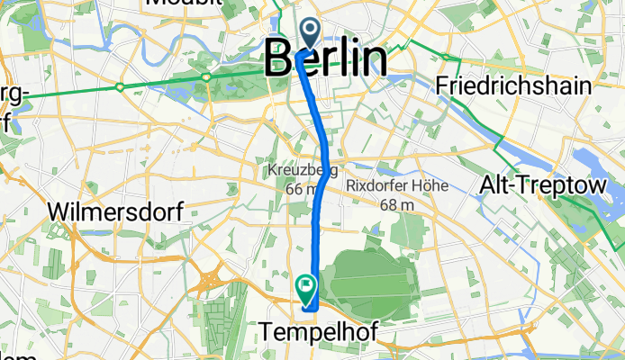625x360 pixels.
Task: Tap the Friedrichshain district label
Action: pos(512,86)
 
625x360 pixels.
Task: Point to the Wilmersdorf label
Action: pos(117,212)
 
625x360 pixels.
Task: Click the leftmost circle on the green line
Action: pos(119,87)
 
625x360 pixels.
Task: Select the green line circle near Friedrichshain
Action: pos(446,58)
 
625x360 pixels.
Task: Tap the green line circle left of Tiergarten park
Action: pos(207,77)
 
